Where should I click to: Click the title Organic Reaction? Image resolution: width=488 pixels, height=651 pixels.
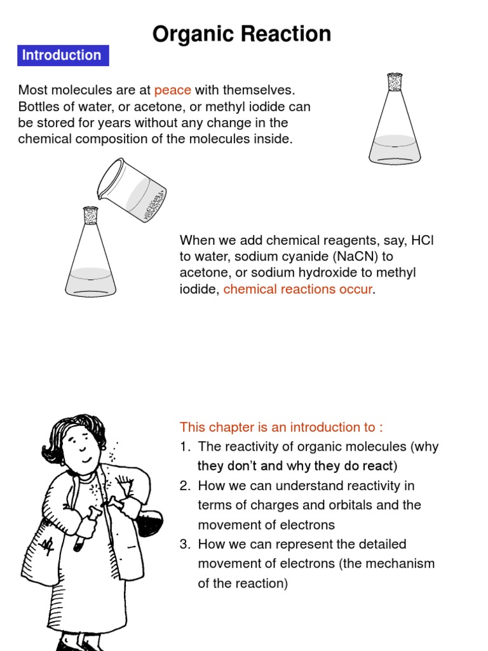click(241, 34)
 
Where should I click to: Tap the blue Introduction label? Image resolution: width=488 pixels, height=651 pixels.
click(63, 55)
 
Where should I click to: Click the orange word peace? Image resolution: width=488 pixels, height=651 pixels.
click(173, 90)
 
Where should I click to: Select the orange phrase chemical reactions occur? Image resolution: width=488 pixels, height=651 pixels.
click(297, 289)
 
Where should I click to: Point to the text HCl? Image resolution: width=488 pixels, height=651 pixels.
click(423, 240)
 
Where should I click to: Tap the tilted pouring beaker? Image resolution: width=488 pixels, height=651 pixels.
click(132, 189)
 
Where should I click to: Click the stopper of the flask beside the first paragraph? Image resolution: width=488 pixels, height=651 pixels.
click(395, 82)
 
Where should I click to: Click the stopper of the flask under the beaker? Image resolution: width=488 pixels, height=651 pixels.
click(90, 216)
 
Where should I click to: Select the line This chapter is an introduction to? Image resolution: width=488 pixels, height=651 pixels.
click(281, 427)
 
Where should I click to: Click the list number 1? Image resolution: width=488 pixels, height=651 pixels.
click(185, 447)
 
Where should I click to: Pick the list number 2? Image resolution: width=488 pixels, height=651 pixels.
click(185, 486)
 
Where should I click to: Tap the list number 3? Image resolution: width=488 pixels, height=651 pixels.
click(185, 544)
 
